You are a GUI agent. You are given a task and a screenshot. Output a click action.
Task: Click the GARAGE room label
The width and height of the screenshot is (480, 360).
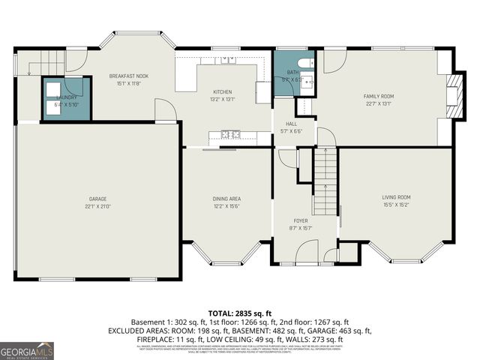(x=98, y=198)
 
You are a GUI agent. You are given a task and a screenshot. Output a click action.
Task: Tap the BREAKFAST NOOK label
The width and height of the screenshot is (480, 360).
(x=128, y=76)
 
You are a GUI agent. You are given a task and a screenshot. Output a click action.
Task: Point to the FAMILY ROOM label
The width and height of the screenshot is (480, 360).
(x=379, y=96)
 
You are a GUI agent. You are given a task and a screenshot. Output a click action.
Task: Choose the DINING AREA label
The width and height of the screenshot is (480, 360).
(x=226, y=198)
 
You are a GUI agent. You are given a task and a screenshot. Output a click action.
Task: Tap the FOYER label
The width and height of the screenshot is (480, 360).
(x=301, y=220)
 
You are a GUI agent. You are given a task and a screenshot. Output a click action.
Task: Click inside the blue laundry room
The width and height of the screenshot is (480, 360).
(x=66, y=98)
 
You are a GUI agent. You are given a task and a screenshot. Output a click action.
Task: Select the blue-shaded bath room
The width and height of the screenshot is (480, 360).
(x=292, y=72)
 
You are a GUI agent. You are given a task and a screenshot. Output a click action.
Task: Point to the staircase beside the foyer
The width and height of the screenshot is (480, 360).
(x=324, y=181)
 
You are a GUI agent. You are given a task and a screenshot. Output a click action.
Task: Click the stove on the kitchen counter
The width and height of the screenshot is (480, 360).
(x=230, y=135)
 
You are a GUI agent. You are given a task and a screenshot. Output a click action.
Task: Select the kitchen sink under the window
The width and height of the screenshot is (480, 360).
(x=226, y=59)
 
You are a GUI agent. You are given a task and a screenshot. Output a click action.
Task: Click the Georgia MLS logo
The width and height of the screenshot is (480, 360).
(x=27, y=351)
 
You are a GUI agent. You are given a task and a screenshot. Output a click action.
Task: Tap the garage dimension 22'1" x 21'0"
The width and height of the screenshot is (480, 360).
(x=98, y=205)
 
